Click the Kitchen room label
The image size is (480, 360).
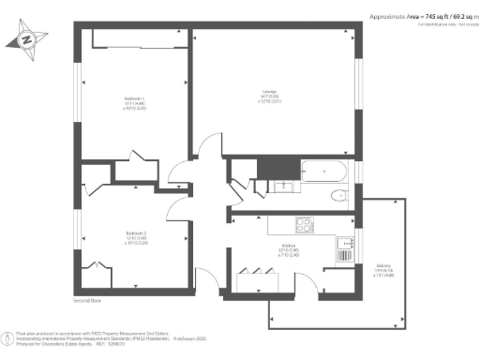[x=289, y=249]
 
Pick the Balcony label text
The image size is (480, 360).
[x=382, y=268]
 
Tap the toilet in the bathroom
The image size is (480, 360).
[x=338, y=195]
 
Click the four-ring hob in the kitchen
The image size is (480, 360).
[x=307, y=224]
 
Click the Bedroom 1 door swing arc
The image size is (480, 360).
[x=208, y=146]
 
